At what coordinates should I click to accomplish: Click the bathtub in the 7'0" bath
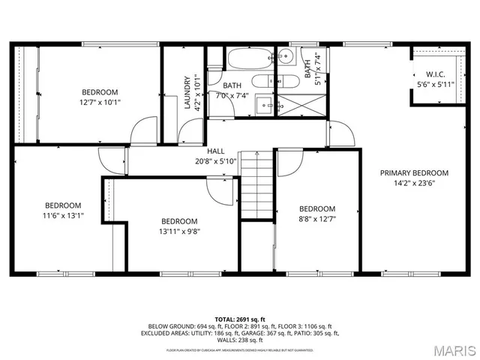pyautogui.click(x=248, y=58)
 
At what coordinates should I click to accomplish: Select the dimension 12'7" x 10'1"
pyautogui.click(x=100, y=102)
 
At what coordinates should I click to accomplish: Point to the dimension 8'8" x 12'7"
pyautogui.click(x=316, y=219)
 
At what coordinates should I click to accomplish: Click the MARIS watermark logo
pyautogui.click(x=449, y=349)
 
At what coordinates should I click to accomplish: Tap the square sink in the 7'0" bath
pyautogui.click(x=264, y=105)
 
